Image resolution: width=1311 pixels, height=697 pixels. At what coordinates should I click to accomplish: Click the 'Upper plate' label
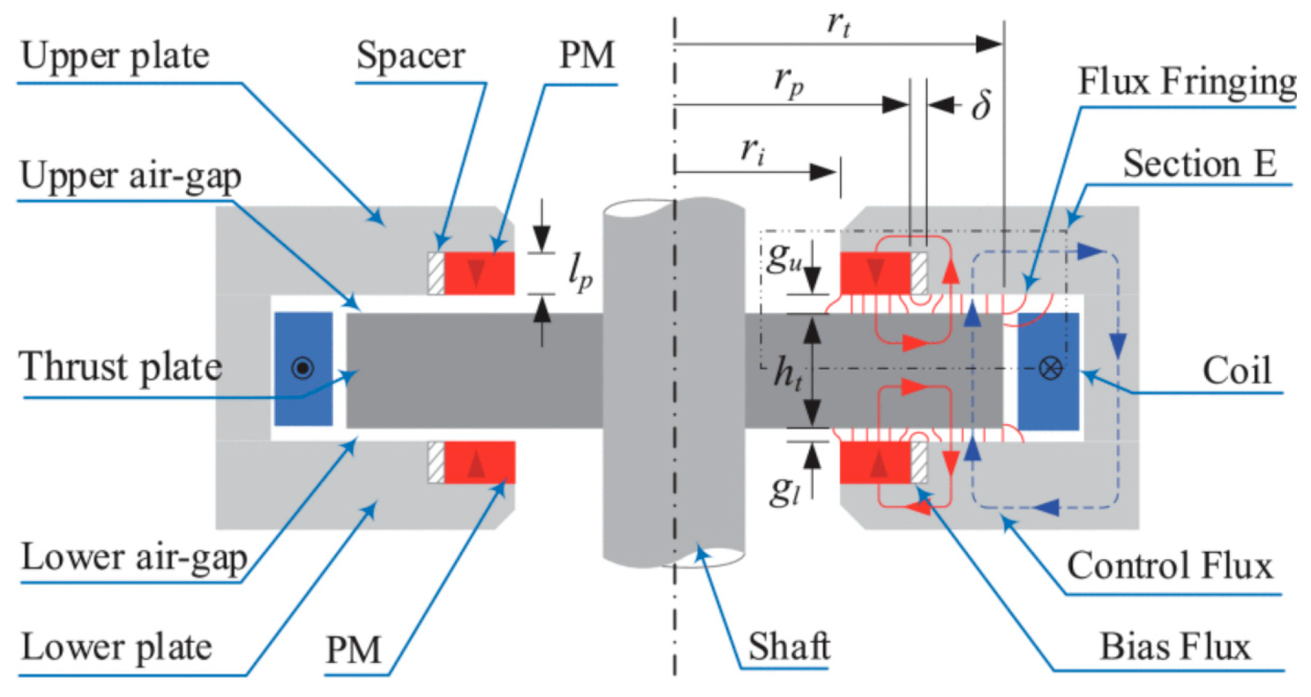pyautogui.click(x=115, y=56)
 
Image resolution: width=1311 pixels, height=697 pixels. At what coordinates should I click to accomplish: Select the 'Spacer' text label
pyautogui.click(x=411, y=56)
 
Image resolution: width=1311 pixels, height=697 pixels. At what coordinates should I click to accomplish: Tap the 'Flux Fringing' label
pyautogui.click(x=1187, y=82)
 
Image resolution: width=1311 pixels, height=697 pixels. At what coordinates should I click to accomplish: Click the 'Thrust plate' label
pyautogui.click(x=120, y=367)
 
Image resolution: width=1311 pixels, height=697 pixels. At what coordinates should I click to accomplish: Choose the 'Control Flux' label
pyautogui.click(x=1170, y=566)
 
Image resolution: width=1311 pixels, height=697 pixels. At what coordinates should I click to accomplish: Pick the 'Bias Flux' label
pyautogui.click(x=1175, y=646)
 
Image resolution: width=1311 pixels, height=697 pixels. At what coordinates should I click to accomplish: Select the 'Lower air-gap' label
pyautogui.click(x=134, y=557)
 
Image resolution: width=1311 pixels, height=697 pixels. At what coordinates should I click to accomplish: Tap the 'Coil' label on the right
pyautogui.click(x=1237, y=370)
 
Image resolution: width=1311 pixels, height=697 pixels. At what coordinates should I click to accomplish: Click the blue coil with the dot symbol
pyautogui.click(x=304, y=368)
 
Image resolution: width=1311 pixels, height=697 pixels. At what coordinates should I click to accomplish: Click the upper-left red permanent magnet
pyautogui.click(x=479, y=273)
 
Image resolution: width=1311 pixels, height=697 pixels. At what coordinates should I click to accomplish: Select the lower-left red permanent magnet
pyautogui.click(x=479, y=462)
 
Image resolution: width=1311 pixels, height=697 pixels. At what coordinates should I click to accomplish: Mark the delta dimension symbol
pyautogui.click(x=981, y=104)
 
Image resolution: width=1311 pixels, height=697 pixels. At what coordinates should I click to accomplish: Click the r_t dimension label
pyautogui.click(x=839, y=24)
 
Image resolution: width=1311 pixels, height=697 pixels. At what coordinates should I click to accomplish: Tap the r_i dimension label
pyautogui.click(x=752, y=150)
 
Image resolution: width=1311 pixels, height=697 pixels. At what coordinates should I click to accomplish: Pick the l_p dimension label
pyautogui.click(x=579, y=273)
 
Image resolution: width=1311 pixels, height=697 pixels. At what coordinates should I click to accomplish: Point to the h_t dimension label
pyautogui.click(x=789, y=373)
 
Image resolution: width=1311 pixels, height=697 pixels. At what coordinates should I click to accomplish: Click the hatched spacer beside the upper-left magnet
pyautogui.click(x=436, y=273)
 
